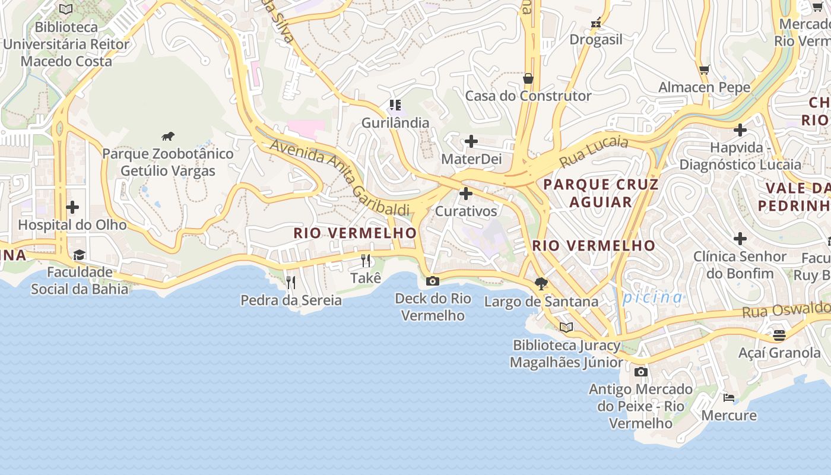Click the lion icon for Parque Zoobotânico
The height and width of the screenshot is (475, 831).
(x=168, y=137)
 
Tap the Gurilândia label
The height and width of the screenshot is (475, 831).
(x=395, y=123)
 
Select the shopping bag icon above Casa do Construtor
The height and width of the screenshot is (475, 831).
(x=528, y=78)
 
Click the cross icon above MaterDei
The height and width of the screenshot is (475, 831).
(x=471, y=141)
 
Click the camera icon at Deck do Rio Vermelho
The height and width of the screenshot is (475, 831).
(x=433, y=281)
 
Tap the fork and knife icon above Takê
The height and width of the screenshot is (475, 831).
(x=366, y=260)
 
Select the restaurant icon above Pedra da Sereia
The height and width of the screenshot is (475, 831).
(x=291, y=282)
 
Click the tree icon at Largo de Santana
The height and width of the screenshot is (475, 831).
(x=541, y=283)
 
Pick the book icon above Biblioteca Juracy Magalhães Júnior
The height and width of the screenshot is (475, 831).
(x=566, y=327)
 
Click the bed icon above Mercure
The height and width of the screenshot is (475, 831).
(x=729, y=397)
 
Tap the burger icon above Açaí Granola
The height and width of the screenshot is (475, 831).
(x=779, y=335)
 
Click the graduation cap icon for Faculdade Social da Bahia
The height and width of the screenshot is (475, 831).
(x=79, y=255)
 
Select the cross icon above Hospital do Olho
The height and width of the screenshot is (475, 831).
(x=72, y=207)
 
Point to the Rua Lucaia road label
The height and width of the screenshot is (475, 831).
(x=594, y=151)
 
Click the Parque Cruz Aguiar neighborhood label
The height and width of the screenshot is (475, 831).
(x=601, y=193)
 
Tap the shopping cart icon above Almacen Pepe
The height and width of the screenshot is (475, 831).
(x=704, y=70)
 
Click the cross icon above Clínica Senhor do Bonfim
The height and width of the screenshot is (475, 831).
(x=740, y=239)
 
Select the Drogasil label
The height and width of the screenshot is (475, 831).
(x=596, y=40)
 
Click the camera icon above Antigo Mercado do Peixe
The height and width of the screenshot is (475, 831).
(x=640, y=372)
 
